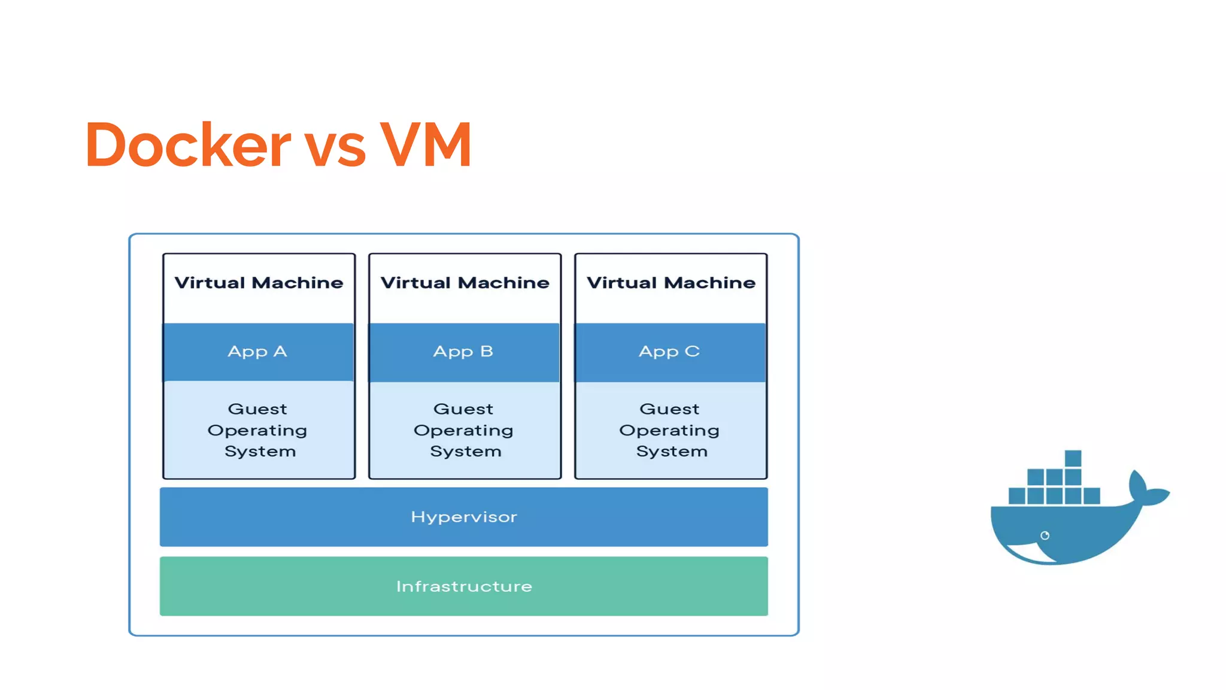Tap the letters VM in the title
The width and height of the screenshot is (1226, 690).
tap(426, 145)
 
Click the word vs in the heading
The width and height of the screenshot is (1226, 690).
tap(335, 149)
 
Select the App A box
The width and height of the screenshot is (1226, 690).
tap(258, 352)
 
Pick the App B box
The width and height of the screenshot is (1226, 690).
tap(464, 352)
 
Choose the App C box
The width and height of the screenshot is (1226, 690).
tap(670, 352)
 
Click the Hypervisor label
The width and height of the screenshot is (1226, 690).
tap(464, 517)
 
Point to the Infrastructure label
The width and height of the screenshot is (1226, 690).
tap(464, 586)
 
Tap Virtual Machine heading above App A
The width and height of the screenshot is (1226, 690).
tap(259, 283)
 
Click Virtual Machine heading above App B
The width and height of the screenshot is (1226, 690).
tap(465, 283)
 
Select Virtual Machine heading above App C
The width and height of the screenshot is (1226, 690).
tap(670, 283)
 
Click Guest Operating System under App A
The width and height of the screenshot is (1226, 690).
tap(258, 430)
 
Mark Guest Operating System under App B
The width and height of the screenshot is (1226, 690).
tap(464, 430)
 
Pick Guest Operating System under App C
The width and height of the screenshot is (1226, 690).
tap(670, 430)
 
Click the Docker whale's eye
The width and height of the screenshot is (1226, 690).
tap(1045, 535)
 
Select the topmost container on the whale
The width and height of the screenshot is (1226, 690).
tap(1073, 459)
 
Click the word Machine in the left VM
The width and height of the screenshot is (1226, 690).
tap(298, 283)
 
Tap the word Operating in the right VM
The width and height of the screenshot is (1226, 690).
tap(669, 431)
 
